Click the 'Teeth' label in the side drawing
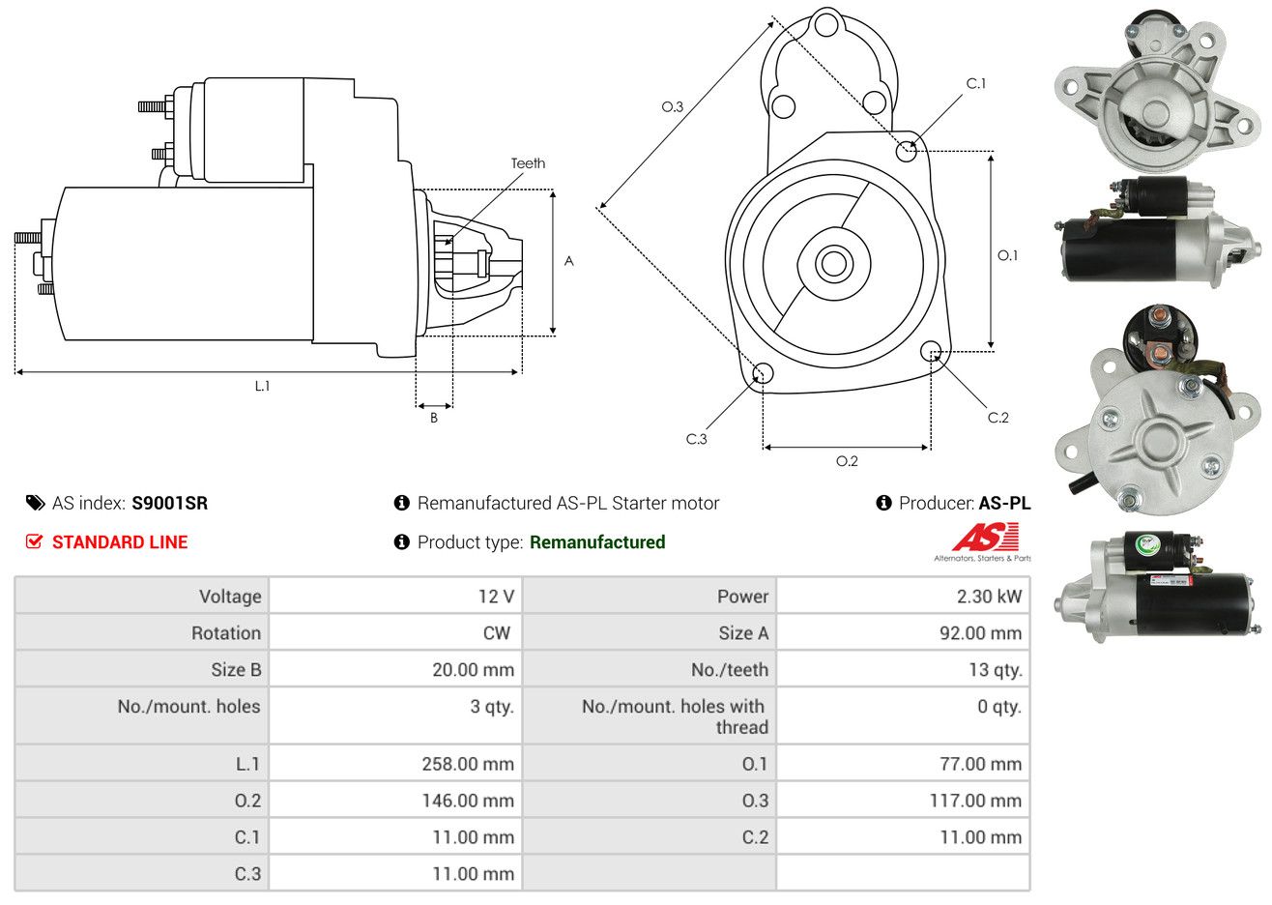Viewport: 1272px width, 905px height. pos(528,163)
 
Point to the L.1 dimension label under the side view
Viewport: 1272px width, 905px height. pos(262,387)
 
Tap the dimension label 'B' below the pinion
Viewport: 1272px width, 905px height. pos(434,418)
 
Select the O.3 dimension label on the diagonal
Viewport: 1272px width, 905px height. pos(673,106)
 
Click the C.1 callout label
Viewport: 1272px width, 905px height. pos(976,83)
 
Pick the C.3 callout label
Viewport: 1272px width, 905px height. pos(697,439)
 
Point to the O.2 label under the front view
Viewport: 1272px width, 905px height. pos(847,461)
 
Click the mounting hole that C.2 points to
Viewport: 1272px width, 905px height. pos(931,351)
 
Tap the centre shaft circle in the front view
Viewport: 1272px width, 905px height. pos(833,263)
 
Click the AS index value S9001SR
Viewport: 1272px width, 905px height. pos(170,504)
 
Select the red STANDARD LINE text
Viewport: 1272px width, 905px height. pos(120,542)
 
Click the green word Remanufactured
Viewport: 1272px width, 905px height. pos(597,542)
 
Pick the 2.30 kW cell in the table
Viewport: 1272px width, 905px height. pos(989,597)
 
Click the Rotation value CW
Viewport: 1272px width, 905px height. pos(497,633)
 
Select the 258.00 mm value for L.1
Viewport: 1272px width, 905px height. pos(468,764)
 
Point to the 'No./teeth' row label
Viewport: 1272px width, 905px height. pos(730,670)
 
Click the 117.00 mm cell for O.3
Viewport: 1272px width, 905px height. pos(975,801)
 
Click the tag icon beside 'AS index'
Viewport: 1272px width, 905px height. pos(35,504)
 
